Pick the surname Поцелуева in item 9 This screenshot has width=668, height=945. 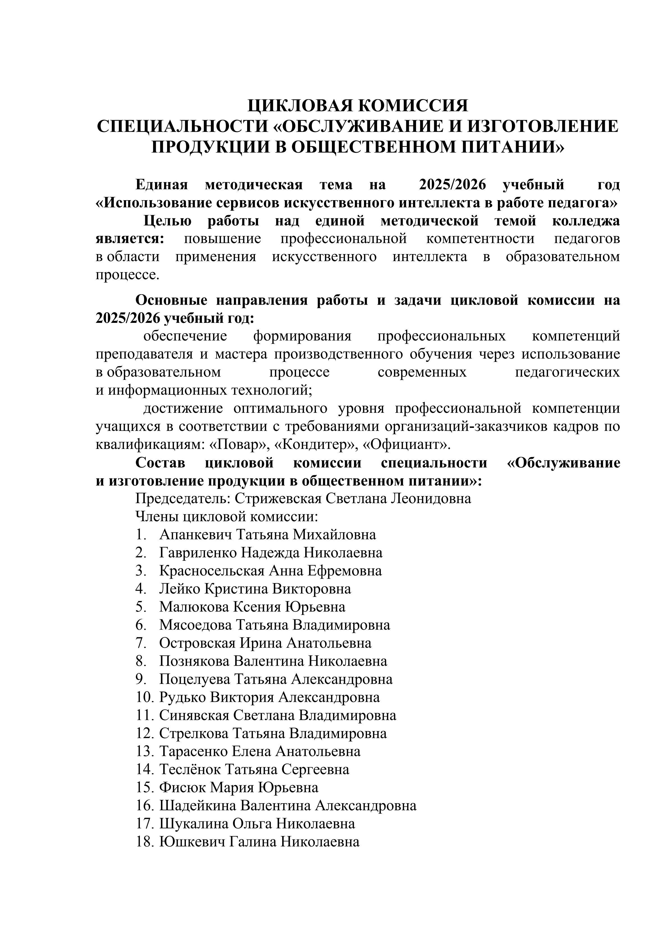[195, 679]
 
